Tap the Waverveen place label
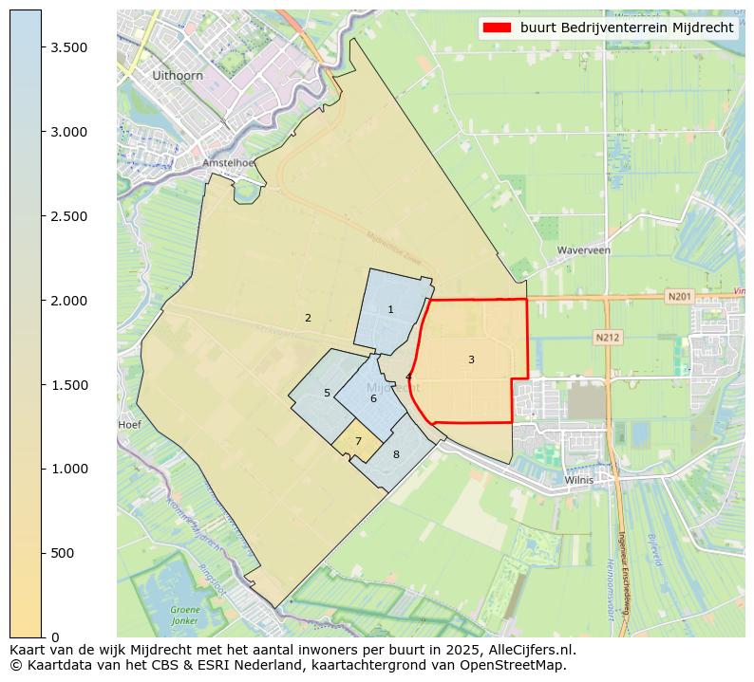click(583, 250)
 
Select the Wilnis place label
click(578, 480)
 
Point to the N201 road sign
click(678, 296)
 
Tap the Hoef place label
click(129, 425)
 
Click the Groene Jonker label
click(185, 615)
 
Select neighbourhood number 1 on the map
click(390, 309)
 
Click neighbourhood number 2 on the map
click(308, 318)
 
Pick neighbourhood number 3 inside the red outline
click(471, 359)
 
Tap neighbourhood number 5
click(327, 393)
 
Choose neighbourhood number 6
click(373, 398)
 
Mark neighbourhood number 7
click(358, 441)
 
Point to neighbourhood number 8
click(396, 454)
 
